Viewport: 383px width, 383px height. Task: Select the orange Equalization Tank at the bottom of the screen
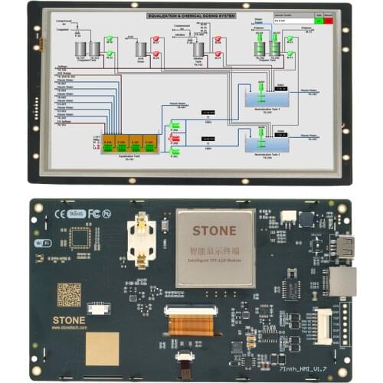[x=129, y=142]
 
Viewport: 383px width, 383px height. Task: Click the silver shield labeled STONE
[x=215, y=247]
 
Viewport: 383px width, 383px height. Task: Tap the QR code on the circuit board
[x=69, y=294]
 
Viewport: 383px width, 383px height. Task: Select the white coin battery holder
[x=142, y=239]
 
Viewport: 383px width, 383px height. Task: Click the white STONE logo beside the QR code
[x=69, y=319]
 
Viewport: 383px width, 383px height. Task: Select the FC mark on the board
[x=94, y=214]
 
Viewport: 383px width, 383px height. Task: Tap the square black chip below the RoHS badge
[x=80, y=238]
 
